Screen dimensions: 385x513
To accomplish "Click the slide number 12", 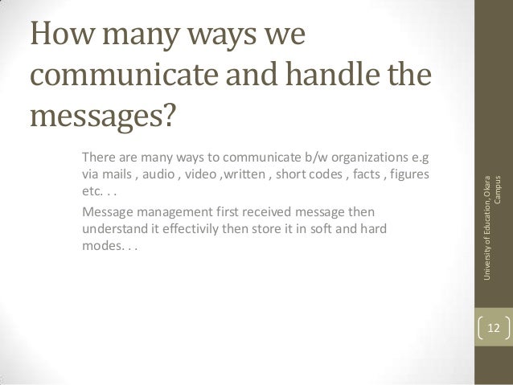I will (493, 328).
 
